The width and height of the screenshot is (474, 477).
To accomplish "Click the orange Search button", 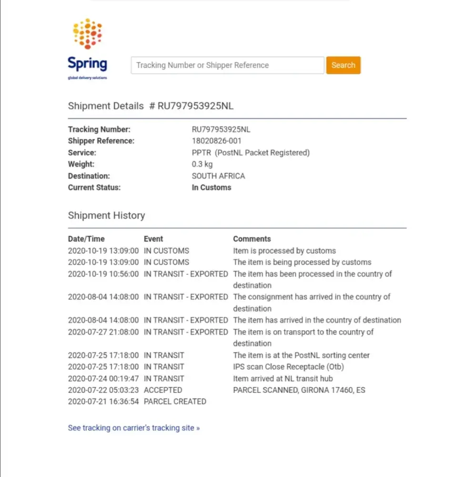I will point(343,65).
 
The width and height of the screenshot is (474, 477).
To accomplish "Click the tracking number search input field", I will point(227,65).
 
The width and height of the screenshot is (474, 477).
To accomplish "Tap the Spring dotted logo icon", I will point(87,33).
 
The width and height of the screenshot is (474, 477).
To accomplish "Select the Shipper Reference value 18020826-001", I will point(216,141).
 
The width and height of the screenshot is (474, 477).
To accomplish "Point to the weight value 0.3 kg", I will point(202,164).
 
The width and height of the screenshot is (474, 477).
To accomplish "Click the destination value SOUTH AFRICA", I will point(218,176).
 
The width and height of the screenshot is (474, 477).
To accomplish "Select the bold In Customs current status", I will point(211,187).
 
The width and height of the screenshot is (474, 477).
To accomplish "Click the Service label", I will point(82,153).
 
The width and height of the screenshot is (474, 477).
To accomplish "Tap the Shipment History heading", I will point(106,216).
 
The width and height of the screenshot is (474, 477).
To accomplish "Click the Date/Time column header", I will point(86,239).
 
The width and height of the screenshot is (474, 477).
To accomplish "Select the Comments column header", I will point(252,239).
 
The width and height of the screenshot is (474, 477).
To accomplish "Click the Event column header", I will point(153,239).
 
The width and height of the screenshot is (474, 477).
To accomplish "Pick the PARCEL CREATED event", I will point(175,402).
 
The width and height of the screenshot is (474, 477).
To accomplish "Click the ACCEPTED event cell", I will point(163,390).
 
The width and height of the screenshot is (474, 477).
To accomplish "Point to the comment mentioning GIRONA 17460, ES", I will point(299,390).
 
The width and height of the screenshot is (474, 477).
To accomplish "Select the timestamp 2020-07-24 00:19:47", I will point(103,379).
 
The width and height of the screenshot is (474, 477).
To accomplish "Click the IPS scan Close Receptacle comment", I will point(288,367).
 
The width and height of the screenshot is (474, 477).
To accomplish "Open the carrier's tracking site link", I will point(134,428).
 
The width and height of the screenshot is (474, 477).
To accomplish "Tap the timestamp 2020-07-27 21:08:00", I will point(103,332).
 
